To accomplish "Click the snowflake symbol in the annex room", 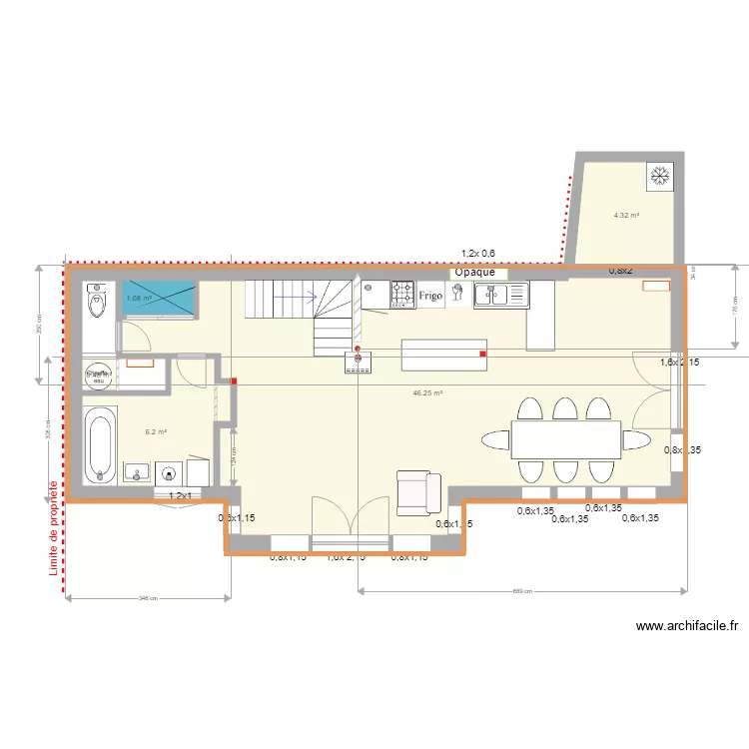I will click(659, 176).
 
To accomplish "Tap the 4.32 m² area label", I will click(626, 215).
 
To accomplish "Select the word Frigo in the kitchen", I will click(430, 296).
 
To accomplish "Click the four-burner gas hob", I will click(402, 294).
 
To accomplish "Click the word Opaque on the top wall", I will click(475, 272).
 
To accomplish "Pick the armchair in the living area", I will click(418, 492).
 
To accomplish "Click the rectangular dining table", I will click(566, 439).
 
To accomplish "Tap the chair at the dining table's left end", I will click(496, 439).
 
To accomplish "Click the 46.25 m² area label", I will click(427, 393).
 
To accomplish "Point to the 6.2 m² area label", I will click(156, 432).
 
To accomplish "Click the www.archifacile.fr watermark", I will click(687, 627).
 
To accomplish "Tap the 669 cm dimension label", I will click(521, 591).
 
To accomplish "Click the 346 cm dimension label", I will click(148, 598).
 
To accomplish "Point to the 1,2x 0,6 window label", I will click(478, 254).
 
